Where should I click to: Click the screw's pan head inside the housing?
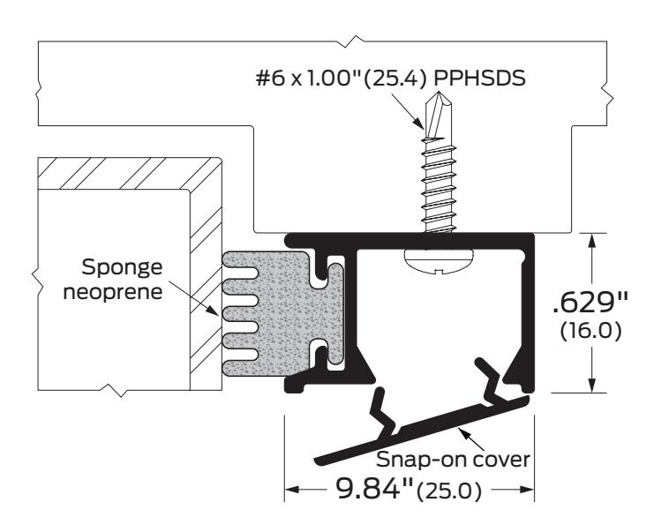tap(439, 262)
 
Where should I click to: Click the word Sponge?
tap(122, 268)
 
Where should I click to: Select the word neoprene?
tap(113, 292)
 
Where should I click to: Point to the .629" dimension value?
tap(590, 303)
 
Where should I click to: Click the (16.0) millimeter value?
tap(590, 332)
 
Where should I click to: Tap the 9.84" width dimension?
tap(374, 489)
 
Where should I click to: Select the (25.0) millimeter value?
tap(448, 491)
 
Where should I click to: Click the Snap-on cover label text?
tap(453, 459)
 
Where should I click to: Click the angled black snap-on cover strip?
tap(422, 430)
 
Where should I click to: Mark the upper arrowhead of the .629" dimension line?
tap(592, 242)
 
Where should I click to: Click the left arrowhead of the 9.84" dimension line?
tap(293, 490)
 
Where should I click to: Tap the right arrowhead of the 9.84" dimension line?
tap(526, 490)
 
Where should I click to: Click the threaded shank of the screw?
tap(439, 185)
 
